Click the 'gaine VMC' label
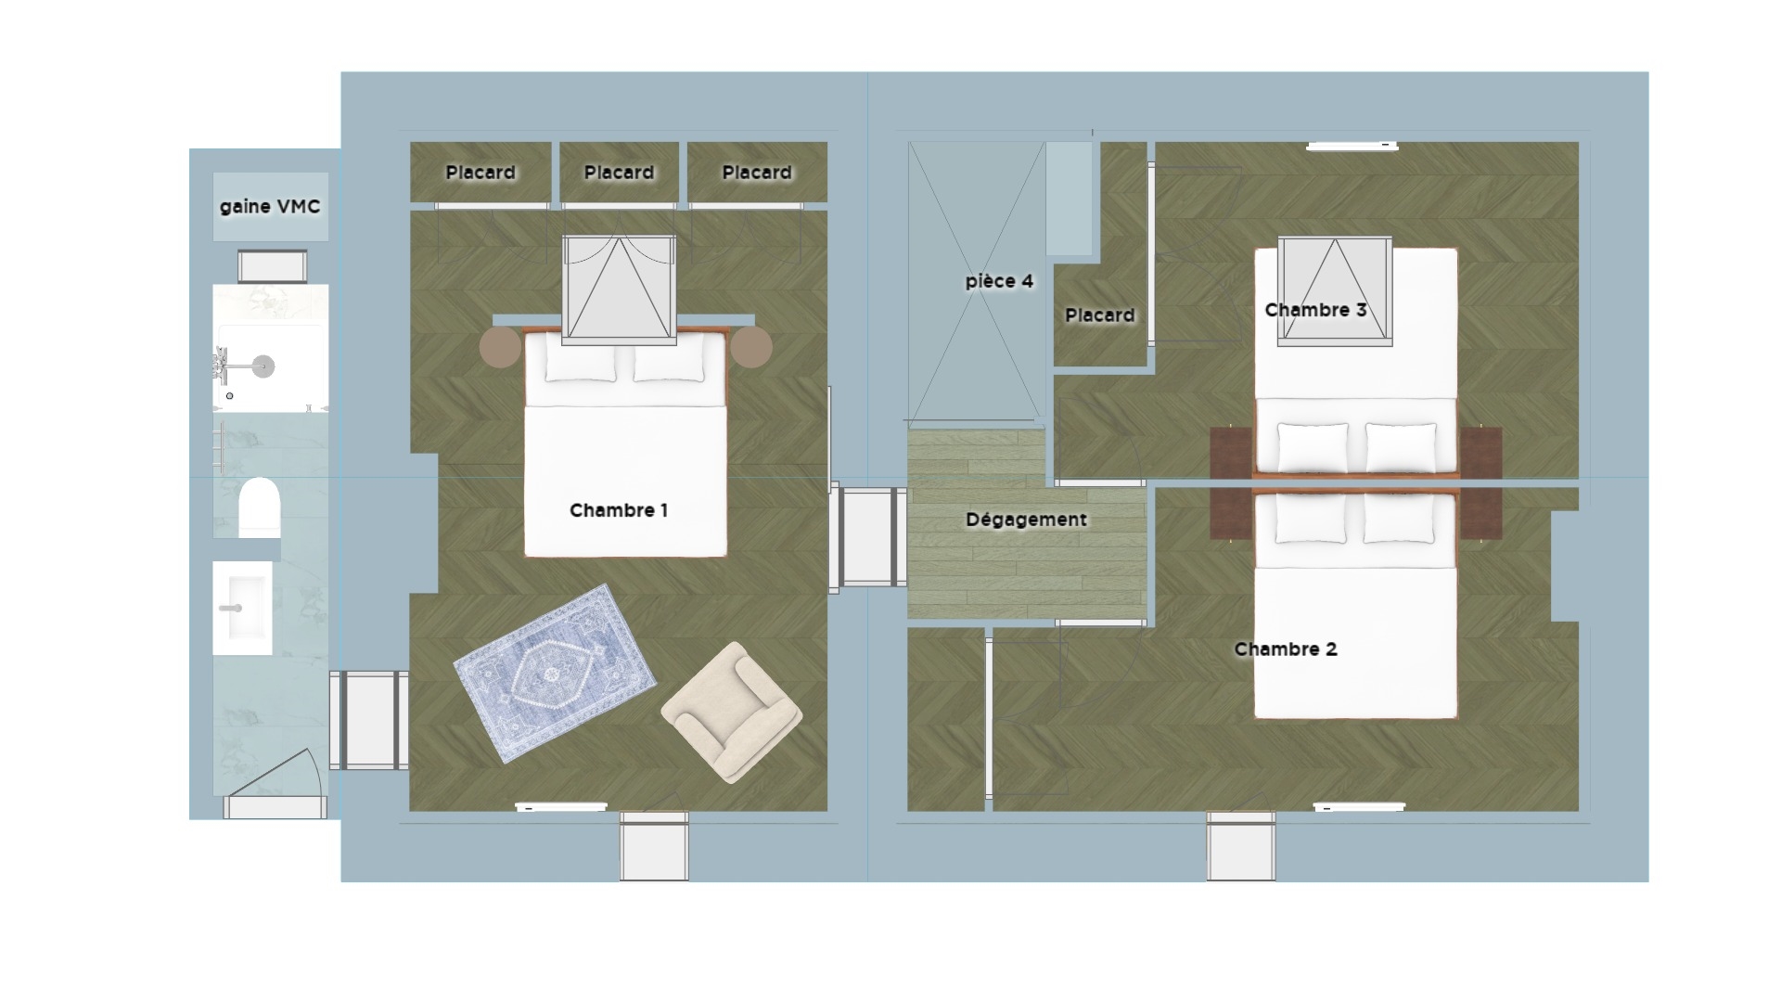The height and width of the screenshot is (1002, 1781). (270, 207)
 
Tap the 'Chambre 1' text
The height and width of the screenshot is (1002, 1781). (619, 510)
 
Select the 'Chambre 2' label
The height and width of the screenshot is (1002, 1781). (1286, 649)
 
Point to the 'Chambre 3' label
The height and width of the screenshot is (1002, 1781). (1315, 310)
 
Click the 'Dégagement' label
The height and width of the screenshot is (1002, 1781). (1026, 520)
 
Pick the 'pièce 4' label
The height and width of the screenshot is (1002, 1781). (999, 281)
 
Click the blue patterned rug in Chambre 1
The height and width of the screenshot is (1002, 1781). (555, 673)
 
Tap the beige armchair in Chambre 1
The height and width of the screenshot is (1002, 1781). (732, 712)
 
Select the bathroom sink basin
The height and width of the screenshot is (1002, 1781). (242, 608)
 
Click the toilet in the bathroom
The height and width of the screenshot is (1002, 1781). (260, 507)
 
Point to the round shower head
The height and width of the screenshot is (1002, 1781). (264, 366)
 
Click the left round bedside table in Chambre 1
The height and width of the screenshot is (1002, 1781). (501, 347)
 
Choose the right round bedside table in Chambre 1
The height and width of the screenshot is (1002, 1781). (750, 347)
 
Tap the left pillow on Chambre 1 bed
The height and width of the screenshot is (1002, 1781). (581, 362)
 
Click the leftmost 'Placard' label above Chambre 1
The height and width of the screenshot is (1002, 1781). (480, 173)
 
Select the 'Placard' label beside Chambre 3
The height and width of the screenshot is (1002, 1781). (1100, 315)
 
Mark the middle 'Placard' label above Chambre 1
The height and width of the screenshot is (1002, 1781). (619, 173)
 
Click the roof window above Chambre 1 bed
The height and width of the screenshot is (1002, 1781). (619, 290)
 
